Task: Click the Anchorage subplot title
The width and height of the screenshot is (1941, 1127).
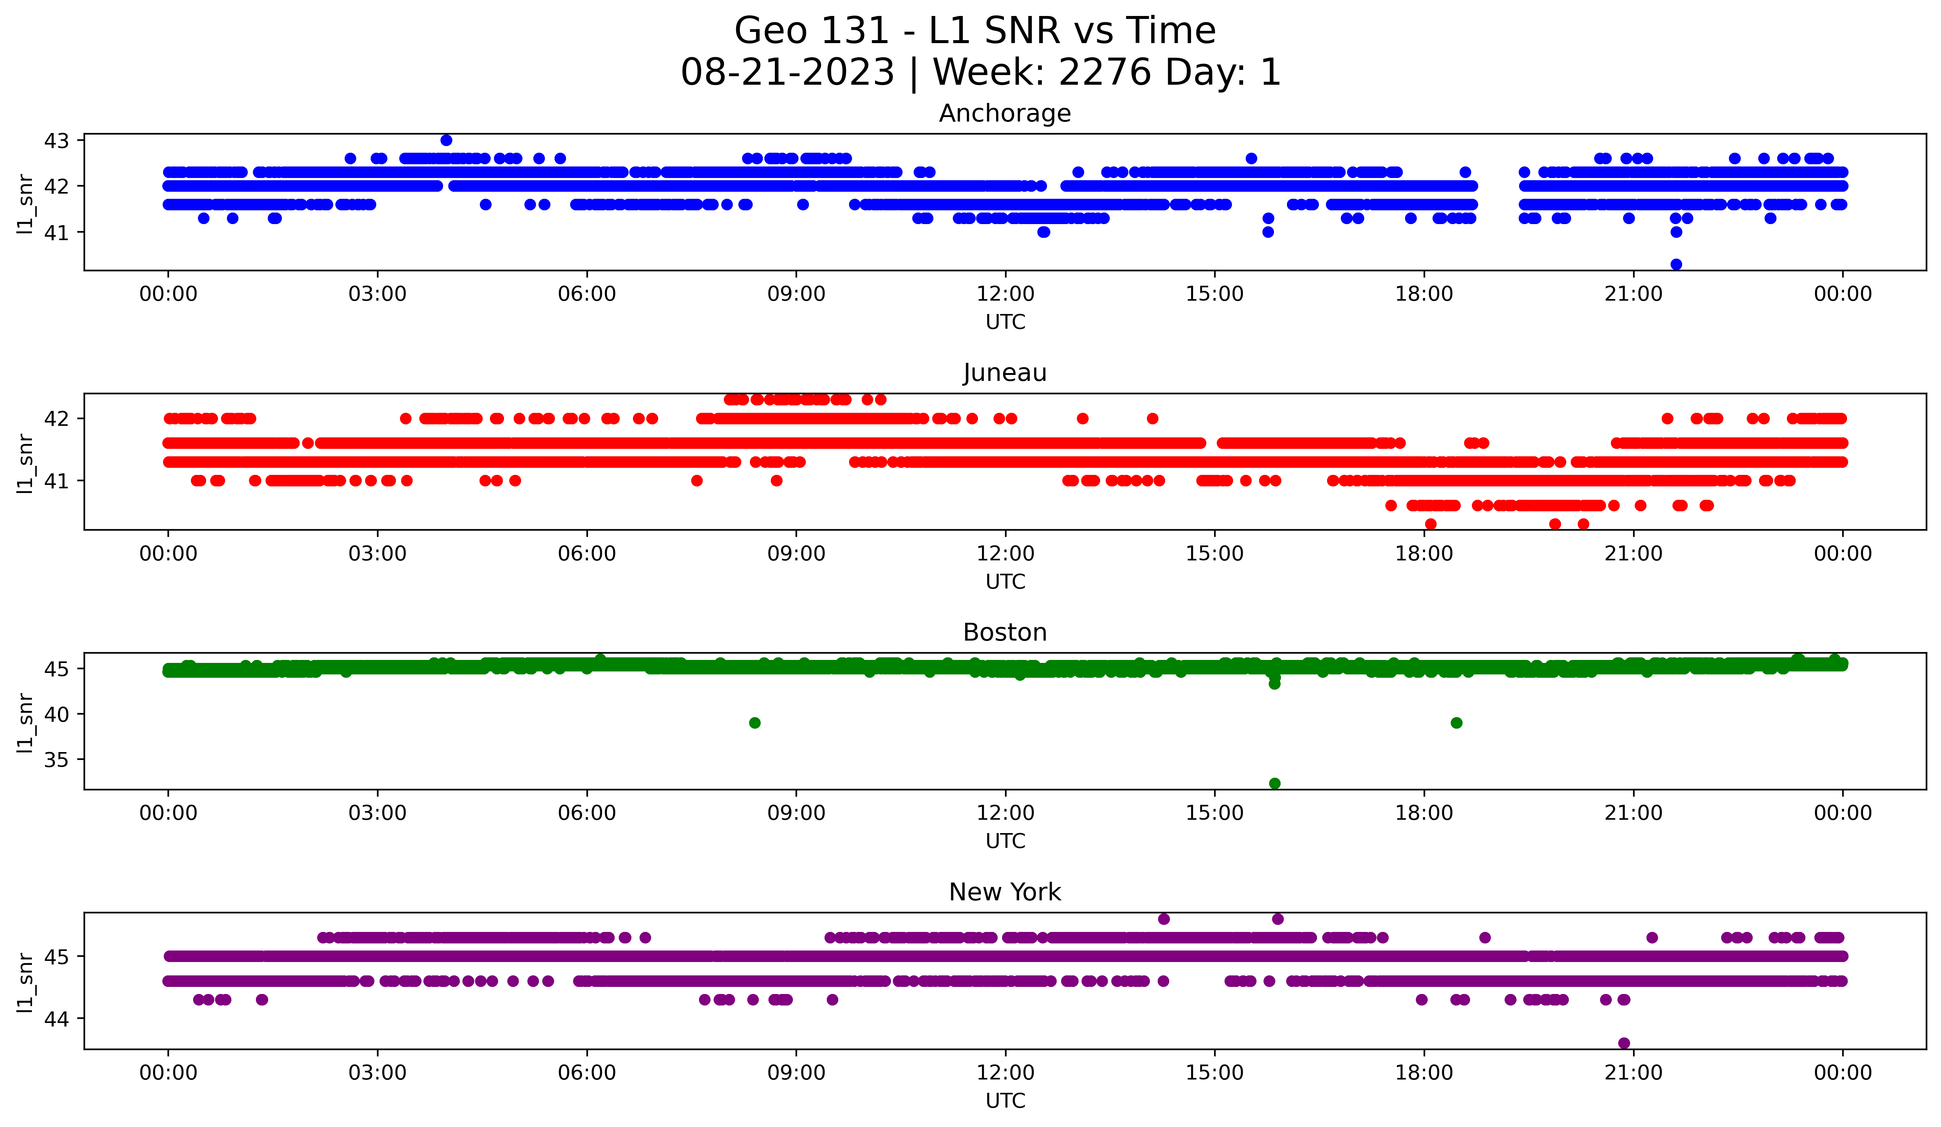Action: point(1004,113)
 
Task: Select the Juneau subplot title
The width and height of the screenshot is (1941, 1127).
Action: point(1004,373)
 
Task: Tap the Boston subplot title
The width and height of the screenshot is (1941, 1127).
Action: point(1004,632)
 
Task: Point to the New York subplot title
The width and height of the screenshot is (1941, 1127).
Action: point(1004,892)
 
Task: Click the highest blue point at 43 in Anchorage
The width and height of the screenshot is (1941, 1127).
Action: point(446,140)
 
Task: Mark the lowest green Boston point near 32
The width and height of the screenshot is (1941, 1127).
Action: point(1275,783)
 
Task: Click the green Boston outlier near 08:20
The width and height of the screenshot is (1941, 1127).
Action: point(755,723)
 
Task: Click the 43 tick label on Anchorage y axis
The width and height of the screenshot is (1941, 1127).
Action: point(56,141)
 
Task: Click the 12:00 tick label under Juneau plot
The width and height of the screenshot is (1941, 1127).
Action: point(1004,553)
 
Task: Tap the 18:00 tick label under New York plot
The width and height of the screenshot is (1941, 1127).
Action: point(1423,1072)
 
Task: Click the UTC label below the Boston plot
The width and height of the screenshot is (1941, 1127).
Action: point(1004,841)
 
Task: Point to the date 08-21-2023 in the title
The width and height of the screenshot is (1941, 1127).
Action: point(787,72)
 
